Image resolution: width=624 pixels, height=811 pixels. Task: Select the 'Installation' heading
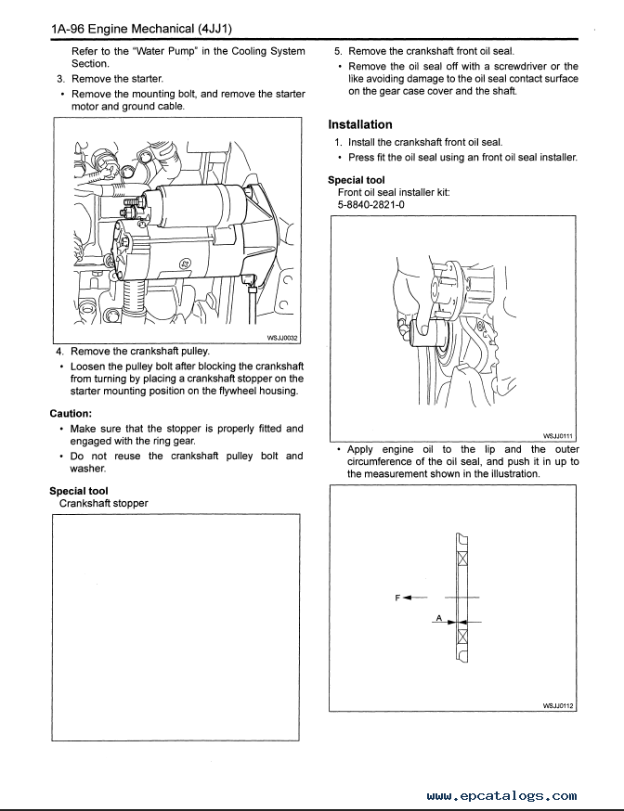pyautogui.click(x=360, y=124)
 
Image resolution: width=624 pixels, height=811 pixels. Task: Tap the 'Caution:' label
pyautogui.click(x=71, y=413)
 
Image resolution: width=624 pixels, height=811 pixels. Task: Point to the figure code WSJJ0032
pyautogui.click(x=279, y=340)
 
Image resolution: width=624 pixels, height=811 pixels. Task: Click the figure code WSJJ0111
pyautogui.click(x=559, y=434)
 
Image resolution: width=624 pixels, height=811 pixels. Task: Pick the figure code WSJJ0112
pyautogui.click(x=559, y=705)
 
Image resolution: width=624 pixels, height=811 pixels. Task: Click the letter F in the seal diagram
pyautogui.click(x=397, y=598)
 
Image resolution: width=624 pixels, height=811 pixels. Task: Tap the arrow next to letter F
pyautogui.click(x=414, y=598)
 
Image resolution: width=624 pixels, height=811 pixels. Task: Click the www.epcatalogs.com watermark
pyautogui.click(x=502, y=795)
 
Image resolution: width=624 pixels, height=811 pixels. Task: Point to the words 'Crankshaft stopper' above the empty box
pyautogui.click(x=103, y=503)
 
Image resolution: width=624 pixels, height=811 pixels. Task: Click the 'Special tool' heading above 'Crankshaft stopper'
pyautogui.click(x=79, y=491)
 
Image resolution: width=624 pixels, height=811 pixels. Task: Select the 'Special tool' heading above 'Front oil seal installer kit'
pyautogui.click(x=357, y=180)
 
